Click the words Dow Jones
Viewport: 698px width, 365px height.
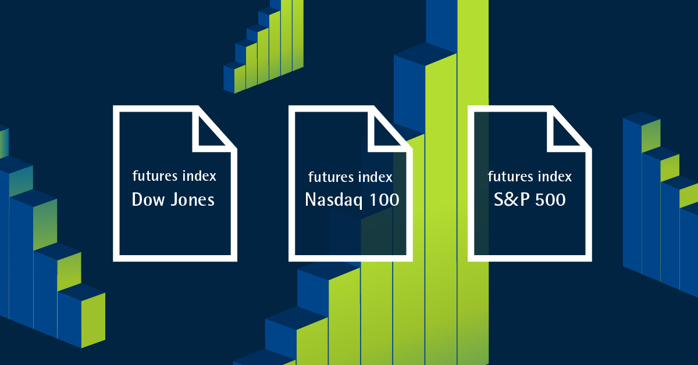[173, 199]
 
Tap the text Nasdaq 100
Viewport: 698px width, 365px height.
[352, 200]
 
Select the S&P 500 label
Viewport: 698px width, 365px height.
[530, 199]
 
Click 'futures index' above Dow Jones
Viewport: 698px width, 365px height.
[174, 176]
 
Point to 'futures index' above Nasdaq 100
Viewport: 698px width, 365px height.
[350, 177]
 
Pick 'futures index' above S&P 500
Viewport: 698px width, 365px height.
[530, 176]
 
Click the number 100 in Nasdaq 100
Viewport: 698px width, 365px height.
[384, 199]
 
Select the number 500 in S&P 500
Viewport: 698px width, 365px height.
[550, 199]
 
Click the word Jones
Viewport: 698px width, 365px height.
[193, 199]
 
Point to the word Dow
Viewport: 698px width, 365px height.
[148, 199]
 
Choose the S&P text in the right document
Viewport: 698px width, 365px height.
[512, 199]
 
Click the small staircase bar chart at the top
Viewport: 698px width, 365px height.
[263, 46]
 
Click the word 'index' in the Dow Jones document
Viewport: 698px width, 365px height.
[200, 176]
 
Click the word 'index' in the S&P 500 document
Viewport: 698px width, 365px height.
[555, 176]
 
